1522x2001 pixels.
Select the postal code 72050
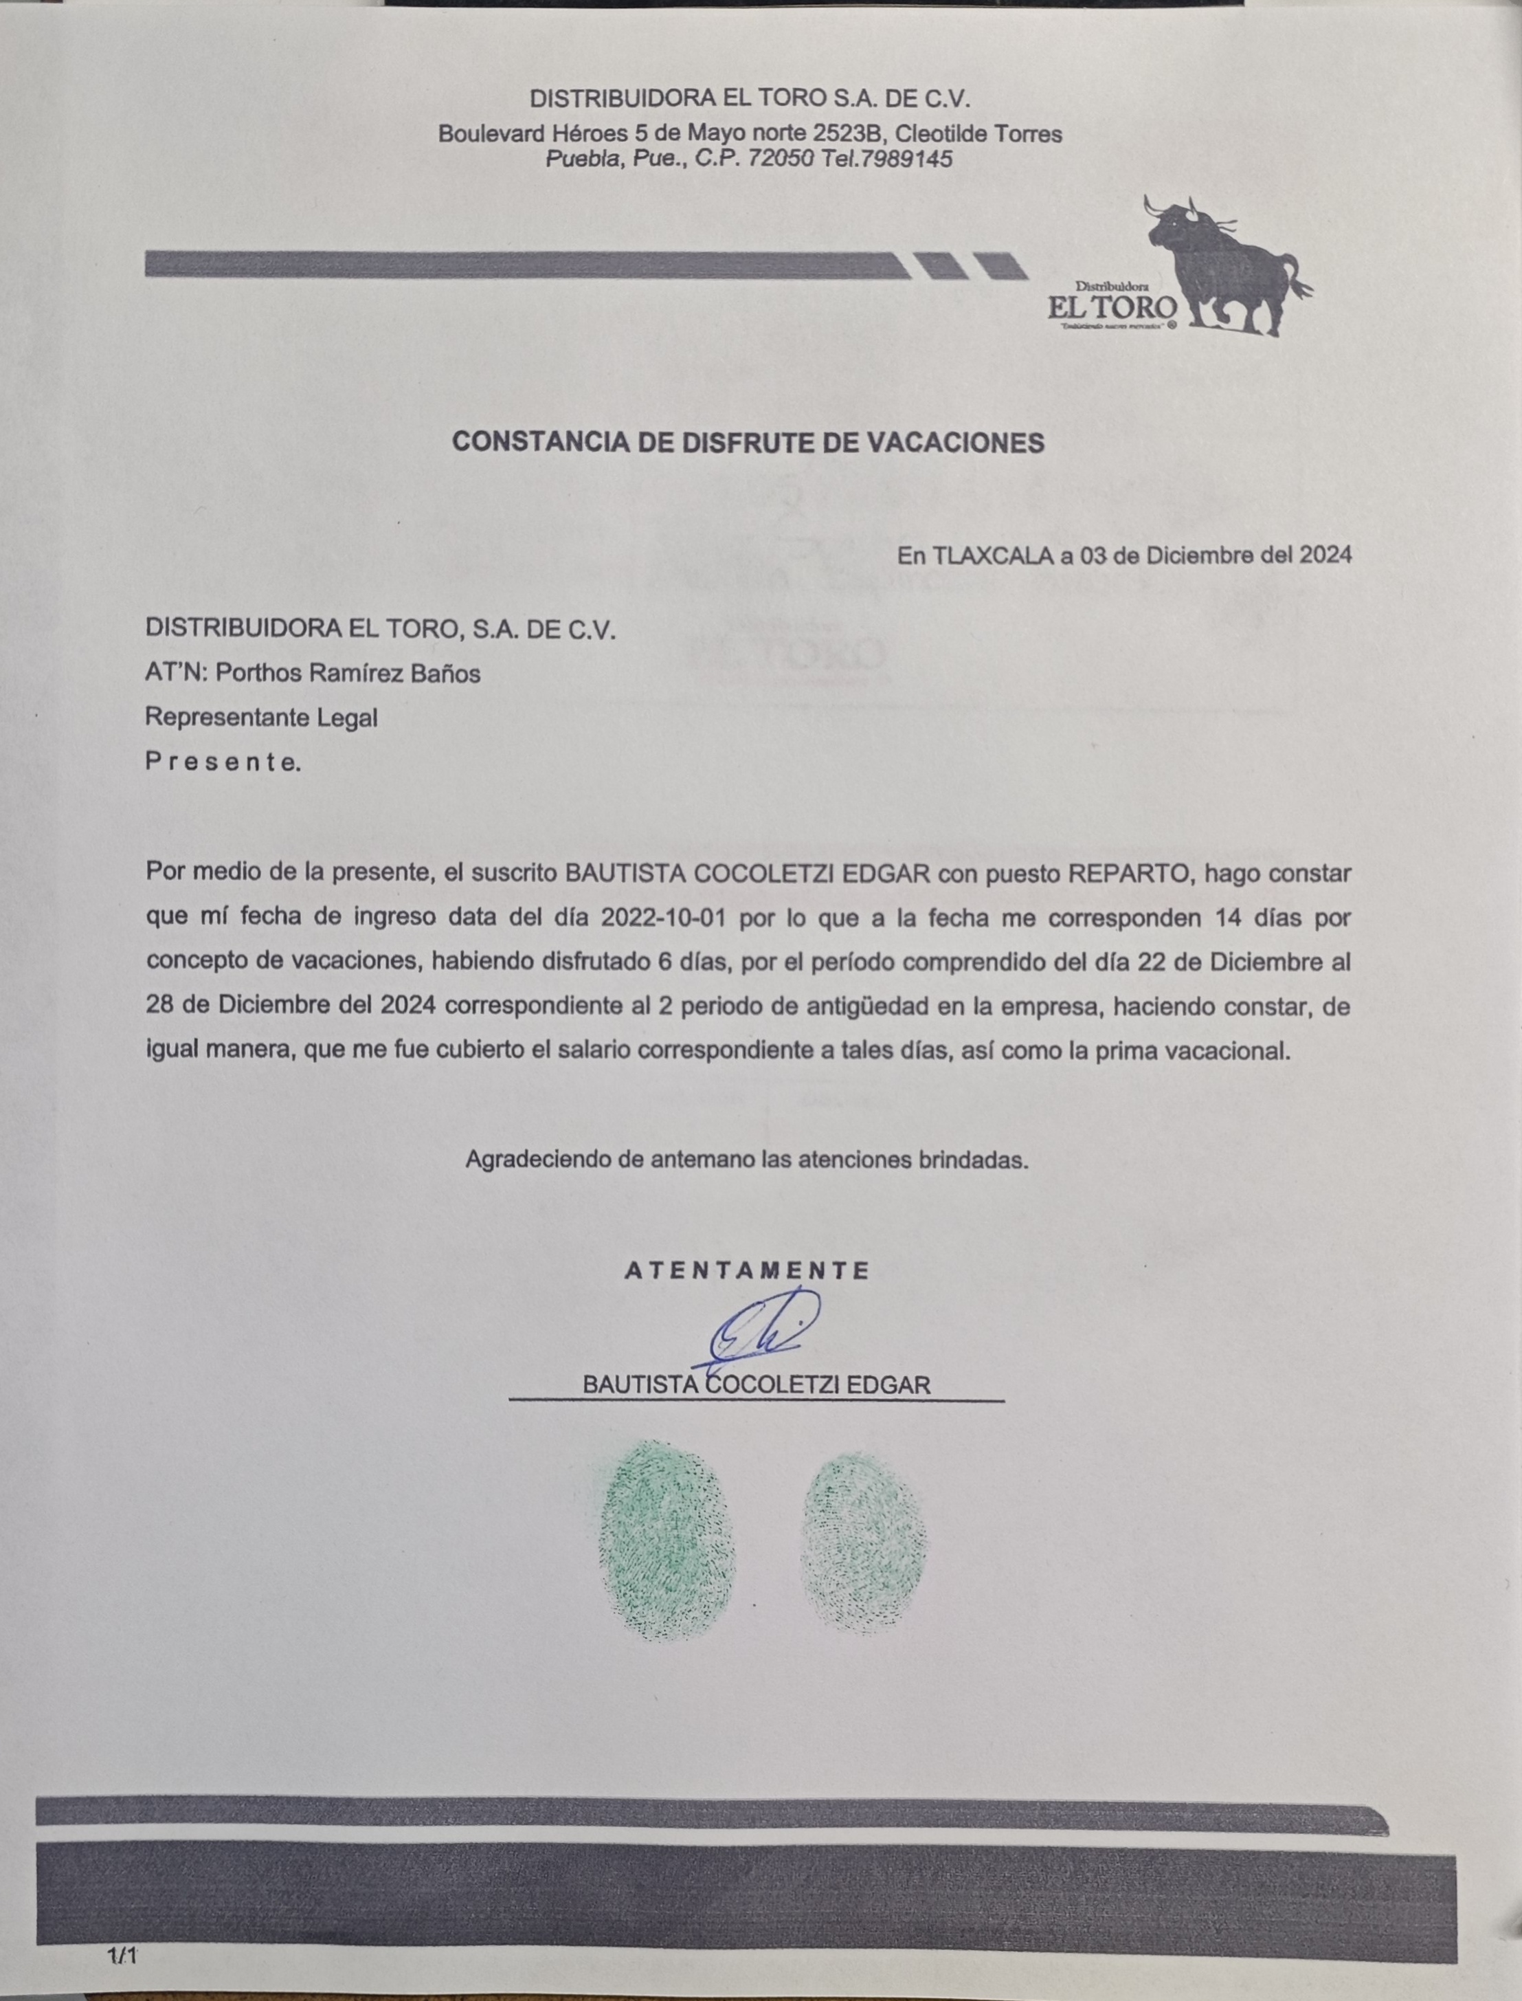781,159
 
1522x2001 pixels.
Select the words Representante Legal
261,718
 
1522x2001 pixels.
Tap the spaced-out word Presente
222,762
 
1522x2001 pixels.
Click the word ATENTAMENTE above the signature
748,1270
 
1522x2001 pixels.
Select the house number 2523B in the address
848,134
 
